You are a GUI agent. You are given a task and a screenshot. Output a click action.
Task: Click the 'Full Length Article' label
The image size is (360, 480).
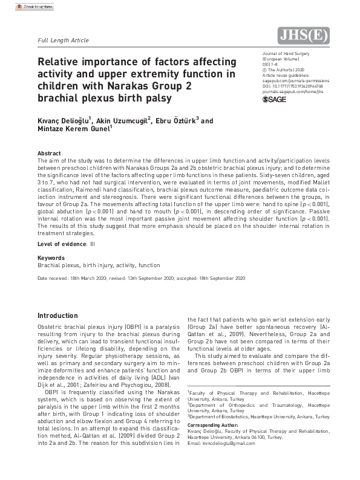click(x=63, y=41)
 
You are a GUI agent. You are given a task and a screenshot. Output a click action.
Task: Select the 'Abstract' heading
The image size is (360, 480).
click(x=49, y=154)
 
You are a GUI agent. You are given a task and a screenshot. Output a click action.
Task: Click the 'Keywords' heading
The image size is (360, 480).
click(x=51, y=258)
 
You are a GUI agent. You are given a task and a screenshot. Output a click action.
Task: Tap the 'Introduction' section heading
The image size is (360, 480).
click(x=57, y=316)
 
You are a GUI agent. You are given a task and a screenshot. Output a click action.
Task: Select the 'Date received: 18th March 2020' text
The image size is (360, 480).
click(x=75, y=278)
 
